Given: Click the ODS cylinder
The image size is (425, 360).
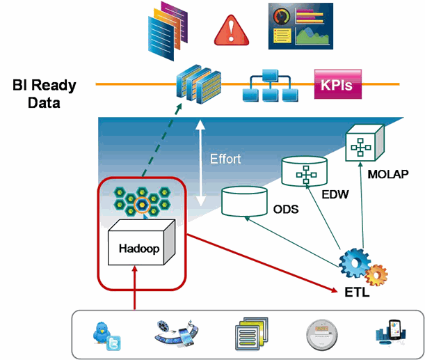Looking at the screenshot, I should (x=244, y=200).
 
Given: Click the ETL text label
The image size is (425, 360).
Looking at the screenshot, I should (x=357, y=294).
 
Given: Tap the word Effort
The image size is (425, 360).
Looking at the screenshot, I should (x=225, y=159).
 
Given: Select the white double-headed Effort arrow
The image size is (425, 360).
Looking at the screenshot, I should (x=201, y=162).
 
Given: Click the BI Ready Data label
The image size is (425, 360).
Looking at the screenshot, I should (x=44, y=94).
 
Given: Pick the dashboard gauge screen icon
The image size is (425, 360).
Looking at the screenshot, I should (x=300, y=26).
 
